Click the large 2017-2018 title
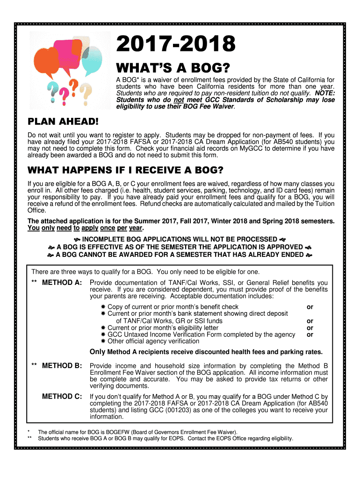point(176,45)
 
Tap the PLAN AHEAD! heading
point(64,122)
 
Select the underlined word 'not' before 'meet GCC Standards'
point(176,100)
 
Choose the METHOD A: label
point(62,283)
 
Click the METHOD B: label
point(62,365)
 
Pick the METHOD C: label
point(62,397)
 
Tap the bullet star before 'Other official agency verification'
point(103,341)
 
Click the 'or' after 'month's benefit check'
point(310,307)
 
